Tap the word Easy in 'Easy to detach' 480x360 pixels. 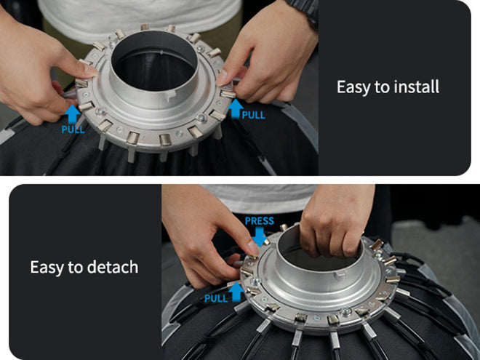[x=47, y=267]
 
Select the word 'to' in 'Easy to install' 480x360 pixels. [x=382, y=87]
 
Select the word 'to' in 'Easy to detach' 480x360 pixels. [x=76, y=267]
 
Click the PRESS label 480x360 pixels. [x=259, y=221]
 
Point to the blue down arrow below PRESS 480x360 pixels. [x=260, y=236]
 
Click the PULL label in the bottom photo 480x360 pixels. [x=216, y=298]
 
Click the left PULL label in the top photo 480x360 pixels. [x=73, y=129]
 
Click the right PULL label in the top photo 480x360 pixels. [x=253, y=114]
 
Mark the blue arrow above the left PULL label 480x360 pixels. [x=72, y=113]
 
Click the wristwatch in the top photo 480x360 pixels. [x=301, y=10]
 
